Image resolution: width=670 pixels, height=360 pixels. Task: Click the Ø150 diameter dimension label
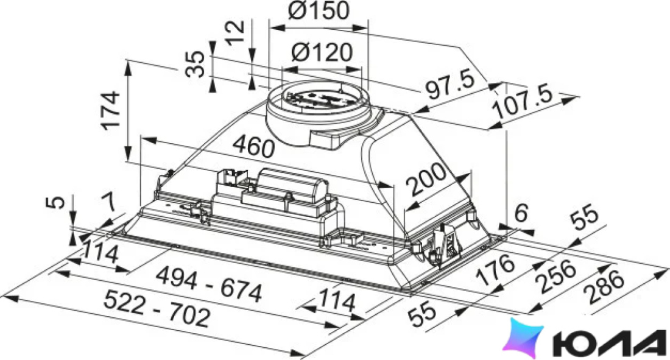(319, 10)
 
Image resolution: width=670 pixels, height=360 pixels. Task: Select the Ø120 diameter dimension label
(322, 52)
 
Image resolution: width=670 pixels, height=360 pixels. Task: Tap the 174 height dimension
(110, 110)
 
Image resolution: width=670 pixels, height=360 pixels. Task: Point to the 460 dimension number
(254, 146)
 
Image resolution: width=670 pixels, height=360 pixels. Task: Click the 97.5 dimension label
(451, 85)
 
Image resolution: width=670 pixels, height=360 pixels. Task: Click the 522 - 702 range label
(157, 308)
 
